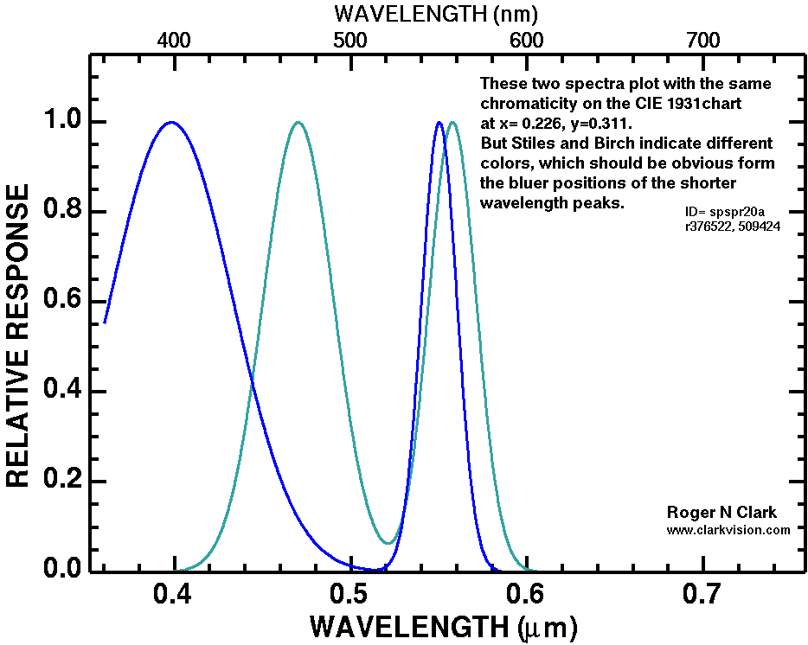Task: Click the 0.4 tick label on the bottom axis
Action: pos(175,594)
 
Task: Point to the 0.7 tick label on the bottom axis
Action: pos(702,594)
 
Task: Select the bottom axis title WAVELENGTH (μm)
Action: pos(442,625)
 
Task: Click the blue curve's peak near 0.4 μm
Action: pos(171,122)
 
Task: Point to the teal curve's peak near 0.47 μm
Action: pos(298,122)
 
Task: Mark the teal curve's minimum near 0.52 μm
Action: pos(390,543)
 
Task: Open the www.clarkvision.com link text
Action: pos(728,529)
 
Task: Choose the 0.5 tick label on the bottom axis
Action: pos(349,594)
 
